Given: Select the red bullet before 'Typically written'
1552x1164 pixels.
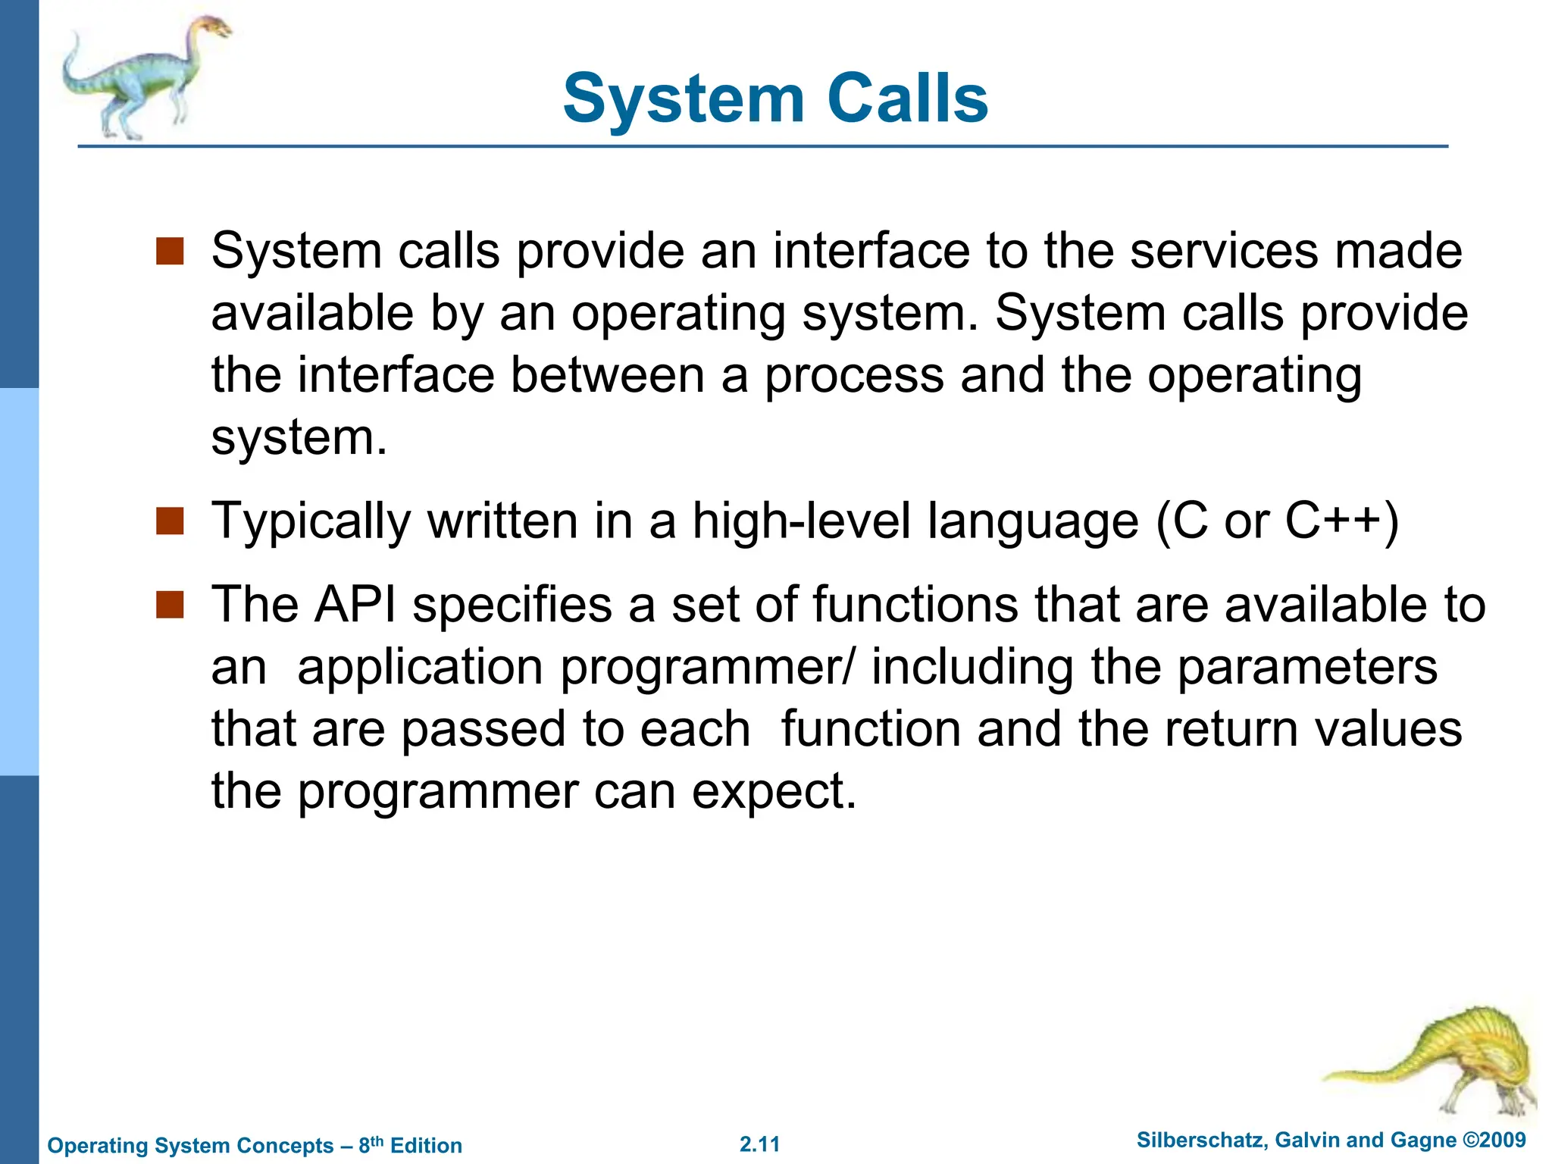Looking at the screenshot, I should [170, 521].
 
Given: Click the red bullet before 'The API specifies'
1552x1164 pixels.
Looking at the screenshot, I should [170, 605].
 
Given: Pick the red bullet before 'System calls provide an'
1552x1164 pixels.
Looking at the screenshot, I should [170, 251].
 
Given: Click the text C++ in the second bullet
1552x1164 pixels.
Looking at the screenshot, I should [1331, 521].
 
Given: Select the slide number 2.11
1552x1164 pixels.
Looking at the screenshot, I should [759, 1144].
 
